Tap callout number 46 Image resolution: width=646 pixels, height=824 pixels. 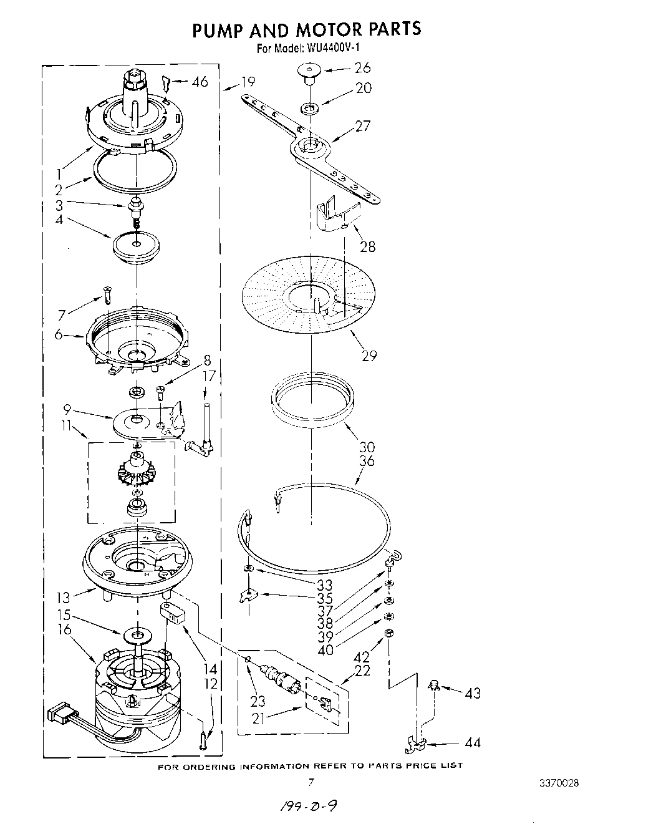pos(200,81)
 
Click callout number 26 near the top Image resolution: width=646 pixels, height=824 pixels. pos(362,68)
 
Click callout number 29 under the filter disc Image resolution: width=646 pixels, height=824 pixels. pos(369,356)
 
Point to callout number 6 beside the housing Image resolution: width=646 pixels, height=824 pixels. pos(59,335)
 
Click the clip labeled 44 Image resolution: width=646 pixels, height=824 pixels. pos(416,742)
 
